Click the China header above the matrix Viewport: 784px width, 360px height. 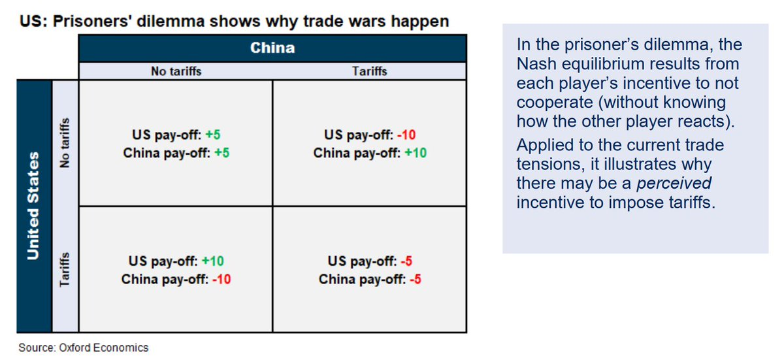coord(272,48)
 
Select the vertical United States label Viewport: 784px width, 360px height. coord(33,206)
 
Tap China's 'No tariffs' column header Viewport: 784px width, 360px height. coord(176,71)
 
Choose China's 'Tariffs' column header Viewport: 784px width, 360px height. coord(370,71)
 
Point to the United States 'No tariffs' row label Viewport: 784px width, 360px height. coord(65,142)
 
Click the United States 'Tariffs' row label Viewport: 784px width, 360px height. coord(65,269)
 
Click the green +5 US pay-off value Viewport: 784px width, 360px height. coord(213,135)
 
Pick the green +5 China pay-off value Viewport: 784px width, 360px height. coord(222,153)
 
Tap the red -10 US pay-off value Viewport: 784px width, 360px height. coord(406,135)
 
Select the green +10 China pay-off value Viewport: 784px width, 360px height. coord(416,153)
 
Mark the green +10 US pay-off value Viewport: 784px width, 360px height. coord(213,261)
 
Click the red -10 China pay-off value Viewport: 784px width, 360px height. coord(221,279)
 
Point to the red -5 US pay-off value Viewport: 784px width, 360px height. coord(406,261)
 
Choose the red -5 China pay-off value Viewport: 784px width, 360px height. coord(416,279)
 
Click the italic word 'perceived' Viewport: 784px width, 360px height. coord(674,184)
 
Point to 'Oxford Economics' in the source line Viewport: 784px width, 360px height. coord(104,348)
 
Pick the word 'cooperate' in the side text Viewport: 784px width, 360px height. coord(555,103)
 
